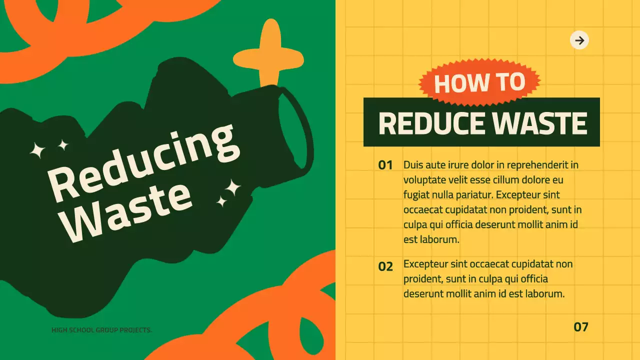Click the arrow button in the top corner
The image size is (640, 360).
point(579,40)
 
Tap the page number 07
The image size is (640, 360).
point(581,327)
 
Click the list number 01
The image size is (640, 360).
point(385,165)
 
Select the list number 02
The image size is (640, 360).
point(385,267)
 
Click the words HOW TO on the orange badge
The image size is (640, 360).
point(479,83)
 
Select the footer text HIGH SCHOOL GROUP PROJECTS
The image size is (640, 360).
point(101,330)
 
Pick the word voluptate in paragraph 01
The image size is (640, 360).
point(426,179)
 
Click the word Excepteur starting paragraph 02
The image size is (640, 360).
point(425,263)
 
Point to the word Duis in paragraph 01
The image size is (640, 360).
point(412,164)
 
